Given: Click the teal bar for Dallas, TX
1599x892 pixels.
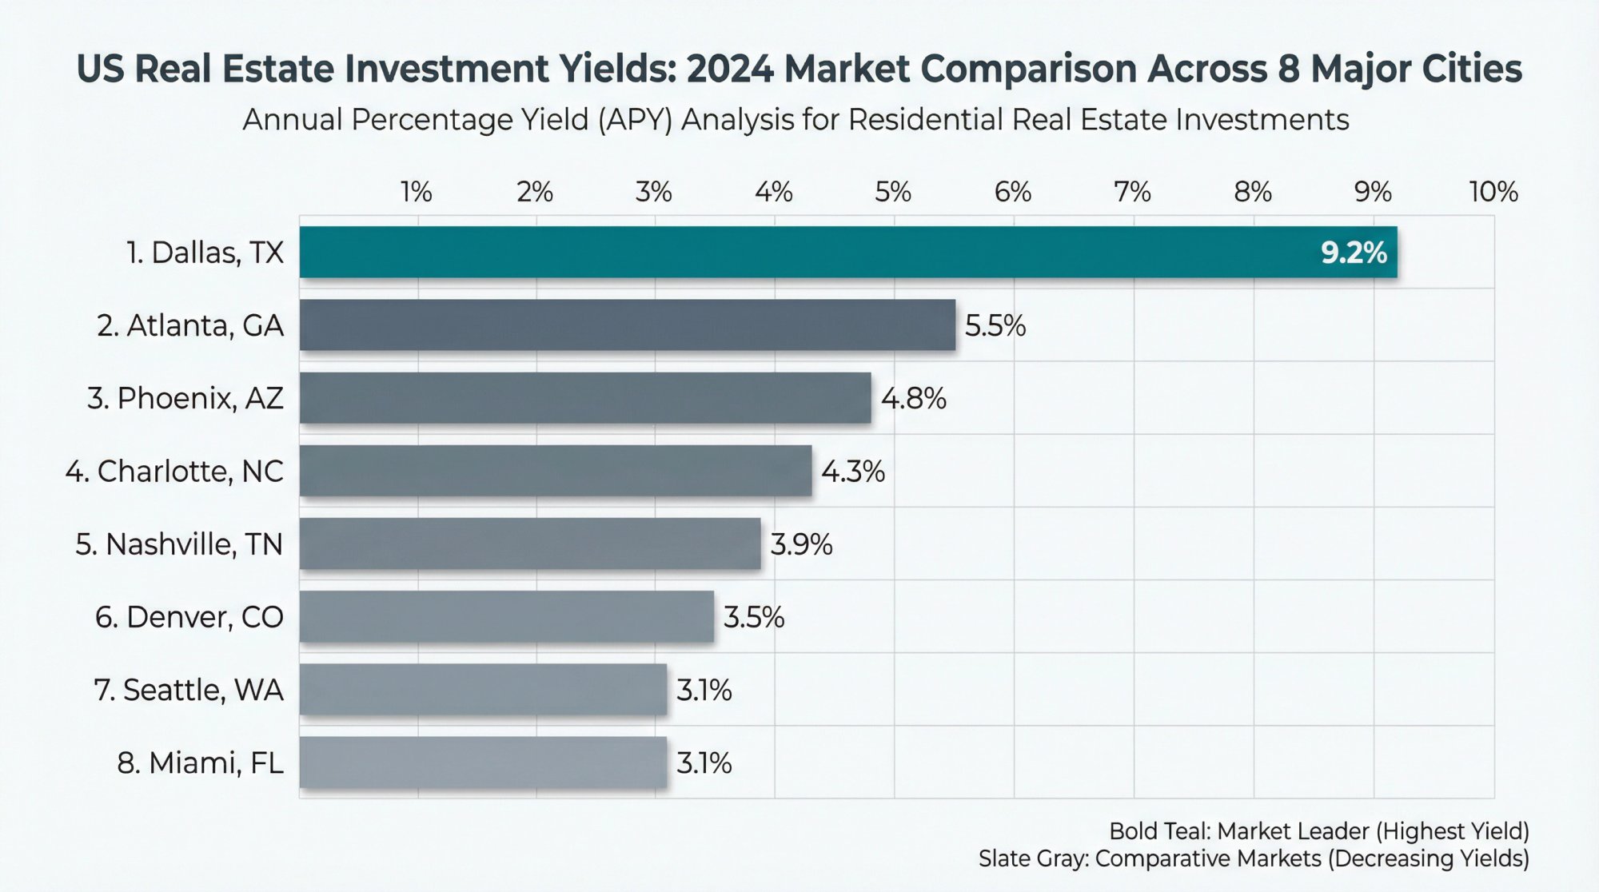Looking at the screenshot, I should pyautogui.click(x=799, y=253).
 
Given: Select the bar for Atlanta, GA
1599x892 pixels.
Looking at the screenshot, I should pyautogui.click(x=628, y=325).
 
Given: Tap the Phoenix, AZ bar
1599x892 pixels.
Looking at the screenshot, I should pyautogui.click(x=585, y=398).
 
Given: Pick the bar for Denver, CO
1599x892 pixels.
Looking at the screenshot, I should pyautogui.click(x=507, y=617).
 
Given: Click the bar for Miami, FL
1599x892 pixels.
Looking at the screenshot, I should pyautogui.click(x=483, y=763).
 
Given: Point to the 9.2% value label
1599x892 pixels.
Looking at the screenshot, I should pyautogui.click(x=1353, y=253).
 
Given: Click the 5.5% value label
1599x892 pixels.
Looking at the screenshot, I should pyautogui.click(x=995, y=326).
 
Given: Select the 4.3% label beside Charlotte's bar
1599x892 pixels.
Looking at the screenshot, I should pyautogui.click(x=852, y=472).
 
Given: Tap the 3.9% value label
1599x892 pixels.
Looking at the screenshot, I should pyautogui.click(x=801, y=545).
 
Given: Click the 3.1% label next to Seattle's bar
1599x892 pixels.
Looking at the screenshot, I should pyautogui.click(x=704, y=691).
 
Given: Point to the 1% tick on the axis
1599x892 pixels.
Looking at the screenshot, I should pyautogui.click(x=416, y=193).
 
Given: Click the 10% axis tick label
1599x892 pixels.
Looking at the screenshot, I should pyautogui.click(x=1493, y=193).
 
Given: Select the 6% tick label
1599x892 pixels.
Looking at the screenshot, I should pyautogui.click(x=1012, y=193).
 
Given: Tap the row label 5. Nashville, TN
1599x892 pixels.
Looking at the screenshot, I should pyautogui.click(x=179, y=544).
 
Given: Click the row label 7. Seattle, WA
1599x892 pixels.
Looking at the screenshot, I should pyautogui.click(x=189, y=690).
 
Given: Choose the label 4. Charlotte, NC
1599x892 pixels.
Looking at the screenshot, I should pyautogui.click(x=174, y=472).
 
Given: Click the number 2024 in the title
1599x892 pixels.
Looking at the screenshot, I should pyautogui.click(x=729, y=69).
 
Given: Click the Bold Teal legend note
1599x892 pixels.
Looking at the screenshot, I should pyautogui.click(x=1318, y=831).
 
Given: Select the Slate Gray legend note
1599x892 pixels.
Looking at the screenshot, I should pyautogui.click(x=1253, y=859).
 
